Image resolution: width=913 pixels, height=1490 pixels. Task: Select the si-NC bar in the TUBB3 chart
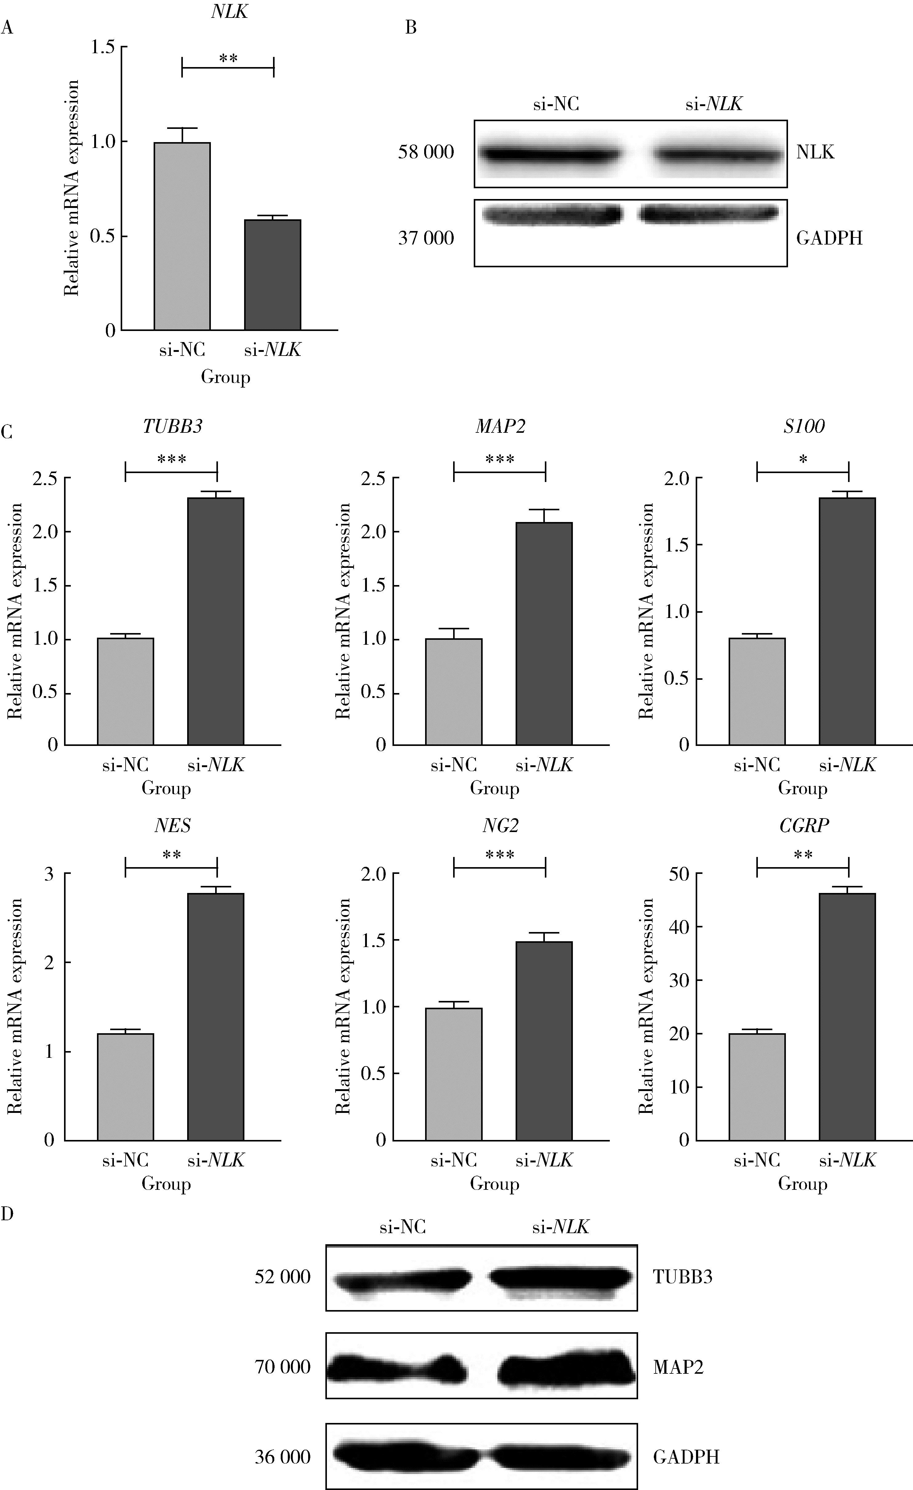click(x=125, y=691)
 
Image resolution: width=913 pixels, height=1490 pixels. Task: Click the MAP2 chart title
click(x=500, y=426)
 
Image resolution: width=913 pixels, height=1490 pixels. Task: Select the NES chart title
click(x=172, y=825)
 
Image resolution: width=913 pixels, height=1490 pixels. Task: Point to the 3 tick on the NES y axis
click(x=49, y=874)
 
